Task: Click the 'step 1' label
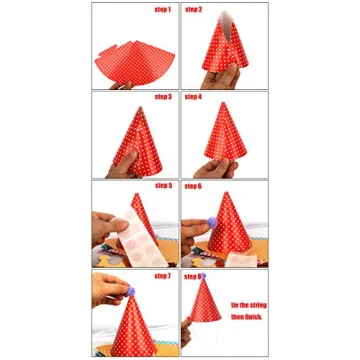tap(162, 10)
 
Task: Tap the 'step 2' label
tap(194, 10)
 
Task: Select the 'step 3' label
tap(162, 97)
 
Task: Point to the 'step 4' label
tap(194, 97)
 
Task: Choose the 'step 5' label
tap(162, 185)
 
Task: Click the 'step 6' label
tap(194, 185)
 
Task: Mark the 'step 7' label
tap(162, 275)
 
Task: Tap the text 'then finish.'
tap(247, 316)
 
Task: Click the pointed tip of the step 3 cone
tap(135, 108)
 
